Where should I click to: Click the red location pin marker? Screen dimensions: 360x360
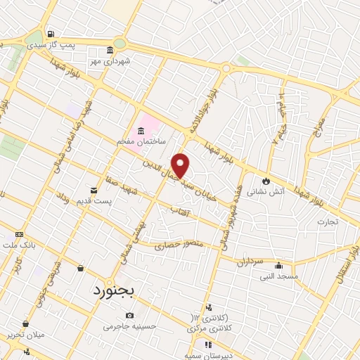[181, 165]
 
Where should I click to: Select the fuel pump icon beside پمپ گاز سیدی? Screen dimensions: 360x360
[51, 34]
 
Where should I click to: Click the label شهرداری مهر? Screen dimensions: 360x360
[110, 61]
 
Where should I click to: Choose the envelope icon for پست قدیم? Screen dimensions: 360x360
[94, 190]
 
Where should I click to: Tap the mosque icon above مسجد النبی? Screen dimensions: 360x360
[278, 266]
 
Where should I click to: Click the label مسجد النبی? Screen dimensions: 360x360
[279, 276]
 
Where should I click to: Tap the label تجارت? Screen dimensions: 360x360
[327, 221]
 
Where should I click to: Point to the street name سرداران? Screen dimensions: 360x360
[249, 261]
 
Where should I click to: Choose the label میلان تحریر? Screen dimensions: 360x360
[25, 334]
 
